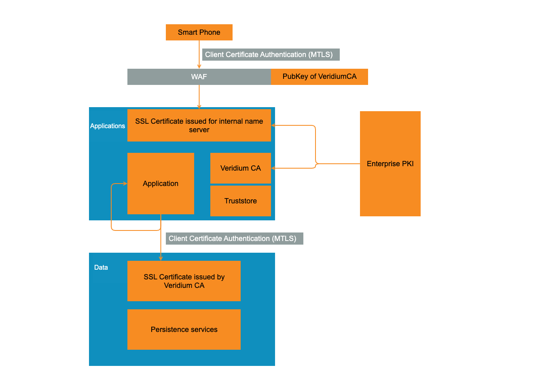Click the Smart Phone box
click(x=199, y=32)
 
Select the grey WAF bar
click(x=199, y=77)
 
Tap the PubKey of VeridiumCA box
click(x=320, y=77)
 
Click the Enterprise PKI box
click(x=390, y=164)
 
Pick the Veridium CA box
click(x=241, y=168)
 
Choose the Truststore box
click(x=241, y=201)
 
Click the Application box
click(x=161, y=184)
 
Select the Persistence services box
click(x=184, y=330)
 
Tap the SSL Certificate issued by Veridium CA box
click(x=184, y=281)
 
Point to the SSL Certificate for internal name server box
click(x=199, y=125)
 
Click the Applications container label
click(x=108, y=126)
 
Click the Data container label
click(x=101, y=268)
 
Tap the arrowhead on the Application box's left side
click(x=125, y=184)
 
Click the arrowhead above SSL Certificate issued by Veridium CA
click(x=161, y=258)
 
